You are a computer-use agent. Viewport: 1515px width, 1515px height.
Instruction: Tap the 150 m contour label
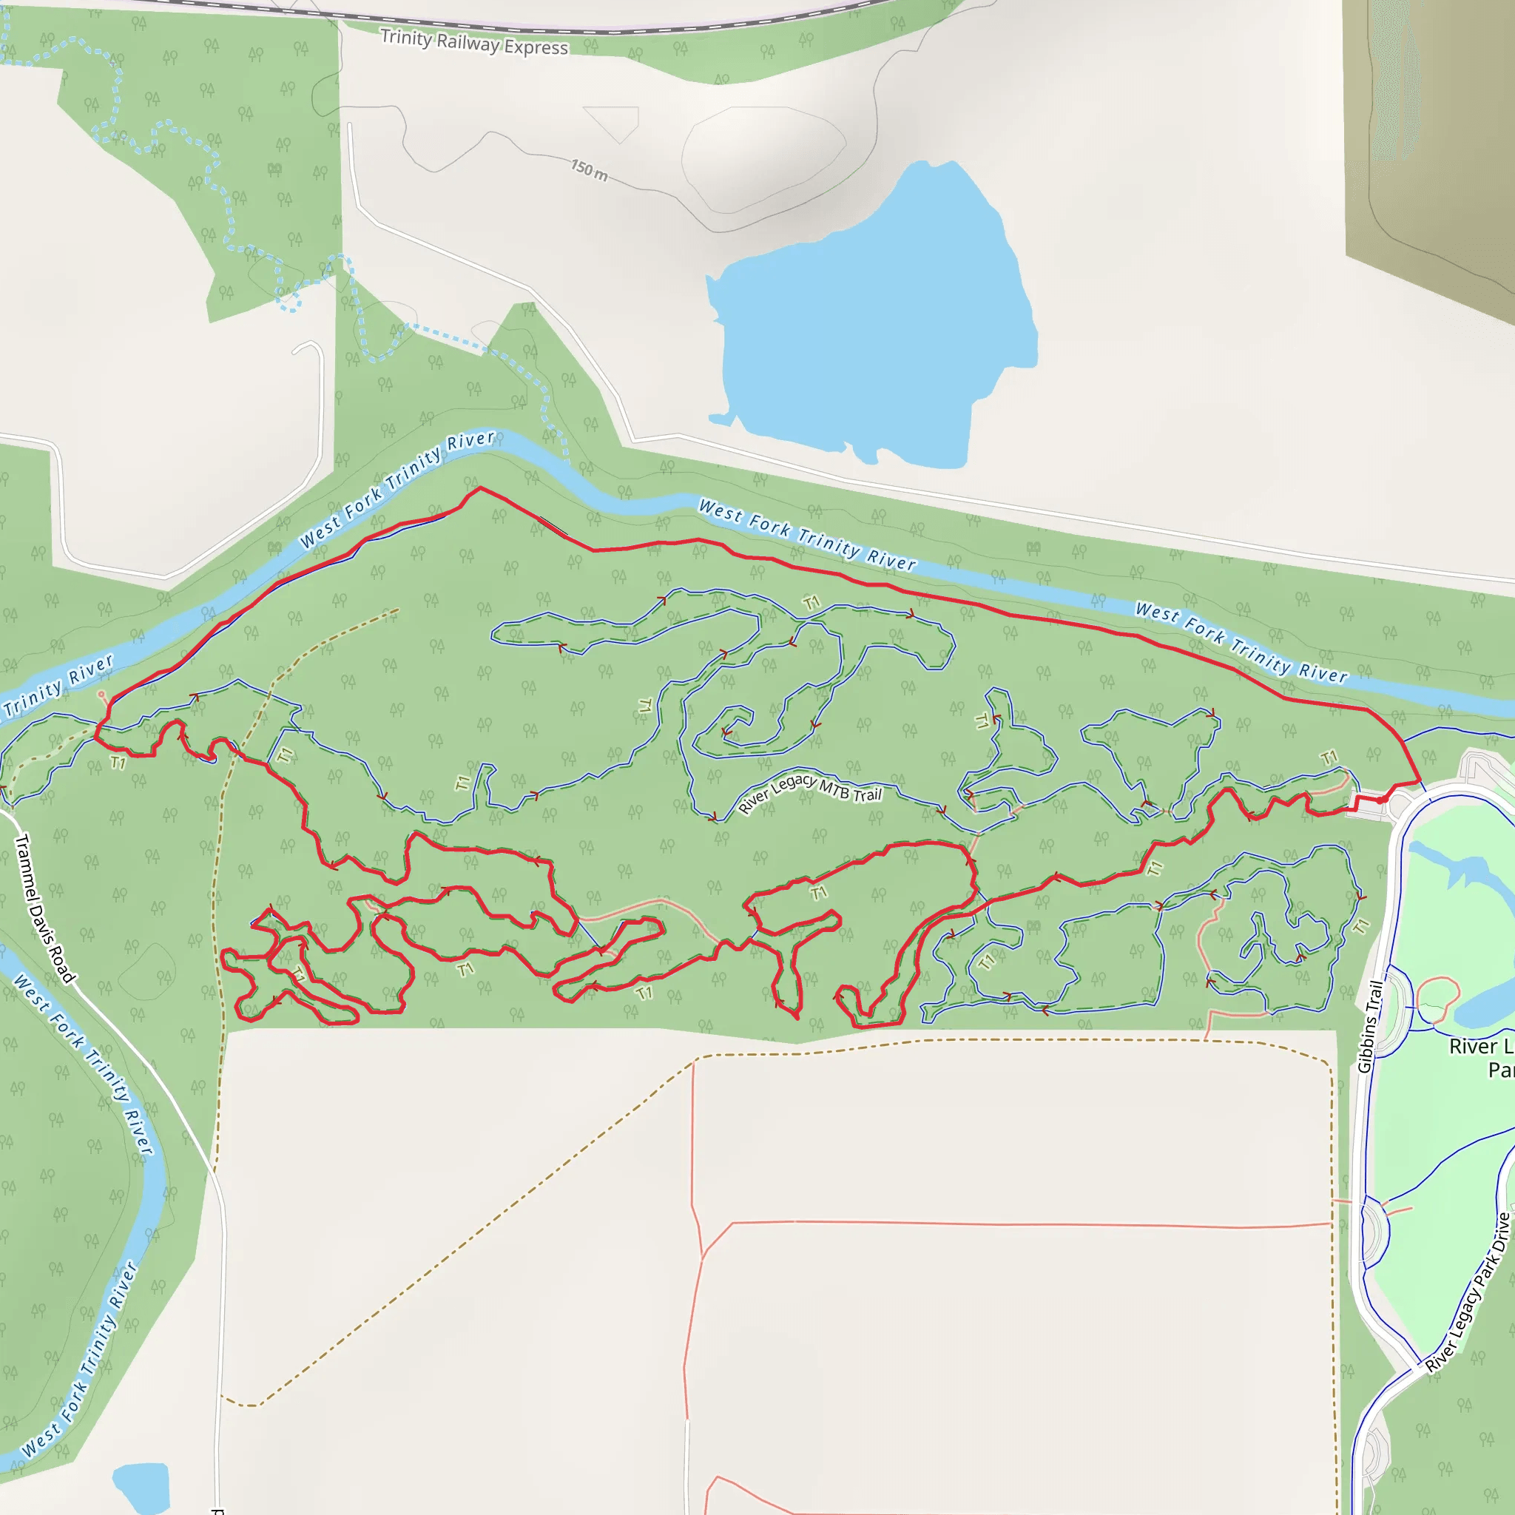589,169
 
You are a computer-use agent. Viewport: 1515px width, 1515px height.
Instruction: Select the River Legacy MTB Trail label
810,793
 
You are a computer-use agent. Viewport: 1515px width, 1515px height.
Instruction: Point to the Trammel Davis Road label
44,908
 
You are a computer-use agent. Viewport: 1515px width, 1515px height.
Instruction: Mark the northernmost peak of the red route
480,487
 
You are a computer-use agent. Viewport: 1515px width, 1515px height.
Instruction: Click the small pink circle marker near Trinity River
101,694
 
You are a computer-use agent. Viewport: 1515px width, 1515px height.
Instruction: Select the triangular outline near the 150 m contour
615,121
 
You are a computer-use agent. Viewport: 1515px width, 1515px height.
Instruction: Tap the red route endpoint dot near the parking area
1381,800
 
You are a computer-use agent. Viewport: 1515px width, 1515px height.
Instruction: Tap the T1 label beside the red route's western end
118,762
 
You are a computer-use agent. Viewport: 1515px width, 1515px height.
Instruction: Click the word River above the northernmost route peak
470,441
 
